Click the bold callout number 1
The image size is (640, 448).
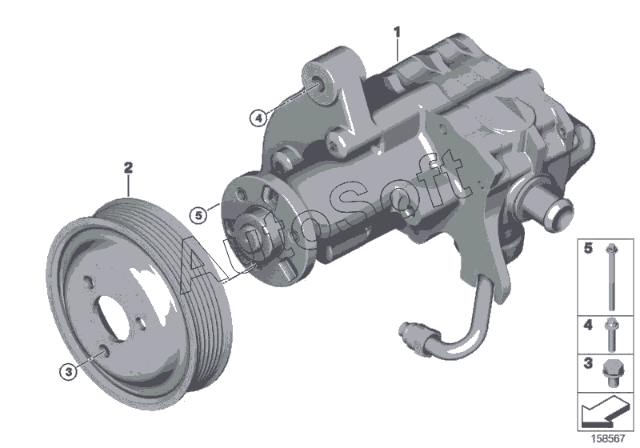(x=397, y=32)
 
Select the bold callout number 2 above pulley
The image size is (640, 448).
(x=128, y=167)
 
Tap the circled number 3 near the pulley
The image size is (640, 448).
(x=68, y=372)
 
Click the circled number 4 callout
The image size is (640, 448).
(x=258, y=118)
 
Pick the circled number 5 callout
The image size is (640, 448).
(x=198, y=214)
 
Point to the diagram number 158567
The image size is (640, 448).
(x=609, y=438)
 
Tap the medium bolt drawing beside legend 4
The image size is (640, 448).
(x=611, y=334)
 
